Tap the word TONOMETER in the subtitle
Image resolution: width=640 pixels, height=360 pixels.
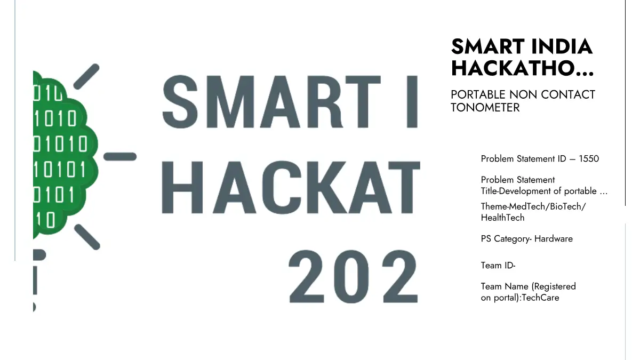coord(485,108)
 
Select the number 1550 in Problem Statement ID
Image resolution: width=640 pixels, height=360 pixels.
coord(589,158)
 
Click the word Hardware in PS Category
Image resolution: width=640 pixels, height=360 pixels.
coord(554,238)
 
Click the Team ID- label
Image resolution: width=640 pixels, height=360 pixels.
coord(498,266)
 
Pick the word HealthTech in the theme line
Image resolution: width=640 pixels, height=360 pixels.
coord(503,218)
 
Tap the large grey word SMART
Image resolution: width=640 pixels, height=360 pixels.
coord(271,102)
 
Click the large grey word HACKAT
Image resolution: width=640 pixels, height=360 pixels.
coord(291,187)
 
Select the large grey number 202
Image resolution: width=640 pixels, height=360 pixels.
coord(354,277)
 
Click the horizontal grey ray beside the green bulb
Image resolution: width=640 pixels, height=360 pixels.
coord(120,157)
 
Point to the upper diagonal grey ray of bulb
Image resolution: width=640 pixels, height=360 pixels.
coord(86,76)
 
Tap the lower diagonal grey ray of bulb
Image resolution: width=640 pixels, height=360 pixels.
coord(87,237)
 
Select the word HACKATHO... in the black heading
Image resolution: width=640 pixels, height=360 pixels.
coord(523,68)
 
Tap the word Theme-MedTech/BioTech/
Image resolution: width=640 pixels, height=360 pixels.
coord(533,206)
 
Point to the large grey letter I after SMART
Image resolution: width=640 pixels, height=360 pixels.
coord(412,102)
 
